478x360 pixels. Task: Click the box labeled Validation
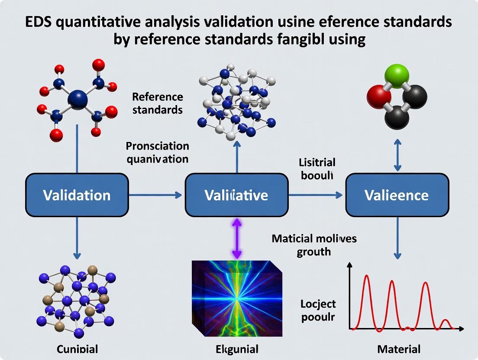77,195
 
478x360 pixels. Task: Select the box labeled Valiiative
236,195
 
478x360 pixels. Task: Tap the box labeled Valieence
397,195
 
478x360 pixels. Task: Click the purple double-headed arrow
236,238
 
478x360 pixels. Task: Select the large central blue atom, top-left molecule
78,99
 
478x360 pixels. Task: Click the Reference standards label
157,103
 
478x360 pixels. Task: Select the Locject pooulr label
318,310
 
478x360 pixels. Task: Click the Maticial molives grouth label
314,245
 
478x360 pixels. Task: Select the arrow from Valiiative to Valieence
316,195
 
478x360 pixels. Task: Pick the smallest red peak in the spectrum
446,323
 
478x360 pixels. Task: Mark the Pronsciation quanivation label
157,152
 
